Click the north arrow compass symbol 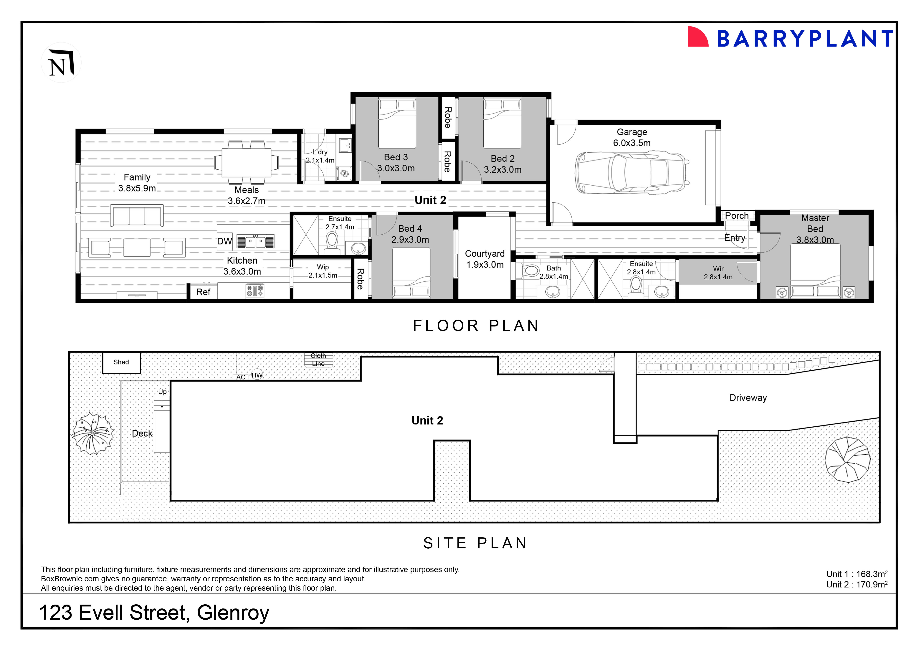tap(61, 62)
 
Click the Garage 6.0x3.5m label tap(632, 137)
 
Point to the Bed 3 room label tap(396, 162)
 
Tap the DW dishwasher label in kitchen tap(224, 241)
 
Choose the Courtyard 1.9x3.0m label tap(485, 259)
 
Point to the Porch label tap(736, 216)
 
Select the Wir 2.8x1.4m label tap(718, 273)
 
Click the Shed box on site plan tap(121, 362)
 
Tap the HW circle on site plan tap(257, 375)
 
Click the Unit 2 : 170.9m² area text tap(857, 584)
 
